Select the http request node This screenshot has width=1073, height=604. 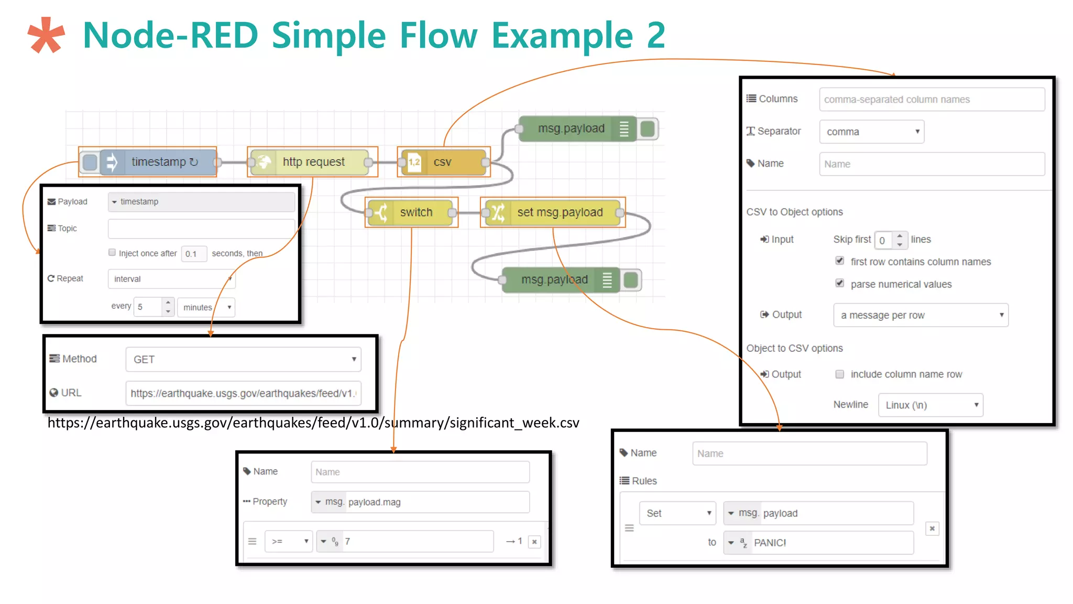(313, 162)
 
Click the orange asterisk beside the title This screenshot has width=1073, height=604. (46, 36)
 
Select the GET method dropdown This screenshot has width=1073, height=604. (243, 360)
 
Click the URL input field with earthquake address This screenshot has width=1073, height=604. (243, 393)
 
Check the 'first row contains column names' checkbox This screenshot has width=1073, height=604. (840, 261)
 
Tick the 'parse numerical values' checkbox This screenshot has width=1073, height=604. (840, 284)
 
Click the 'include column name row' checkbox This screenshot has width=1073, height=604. (840, 374)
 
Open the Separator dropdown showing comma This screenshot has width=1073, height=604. (871, 132)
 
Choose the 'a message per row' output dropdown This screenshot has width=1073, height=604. (921, 315)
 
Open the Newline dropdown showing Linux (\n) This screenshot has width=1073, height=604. (930, 405)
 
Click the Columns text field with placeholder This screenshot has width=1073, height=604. (932, 100)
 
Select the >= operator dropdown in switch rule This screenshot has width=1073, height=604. (289, 542)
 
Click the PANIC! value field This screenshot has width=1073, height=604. (830, 543)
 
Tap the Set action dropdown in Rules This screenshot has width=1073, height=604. (677, 513)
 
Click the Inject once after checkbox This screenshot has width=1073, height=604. (112, 253)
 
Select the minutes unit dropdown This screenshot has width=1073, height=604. (206, 307)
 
